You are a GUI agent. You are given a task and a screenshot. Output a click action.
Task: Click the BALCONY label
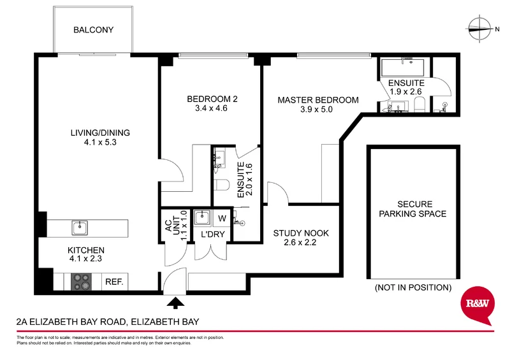93,29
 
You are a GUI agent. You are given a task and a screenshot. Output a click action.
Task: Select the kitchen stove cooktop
81,281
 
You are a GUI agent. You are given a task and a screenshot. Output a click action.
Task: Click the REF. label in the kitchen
113,281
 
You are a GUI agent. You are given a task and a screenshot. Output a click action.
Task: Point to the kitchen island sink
80,227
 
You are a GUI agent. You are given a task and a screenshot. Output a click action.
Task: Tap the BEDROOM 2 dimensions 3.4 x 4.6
212,108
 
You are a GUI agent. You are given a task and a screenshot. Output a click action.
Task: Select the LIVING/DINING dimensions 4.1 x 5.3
100,143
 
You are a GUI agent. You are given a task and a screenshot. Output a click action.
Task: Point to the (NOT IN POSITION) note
412,287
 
